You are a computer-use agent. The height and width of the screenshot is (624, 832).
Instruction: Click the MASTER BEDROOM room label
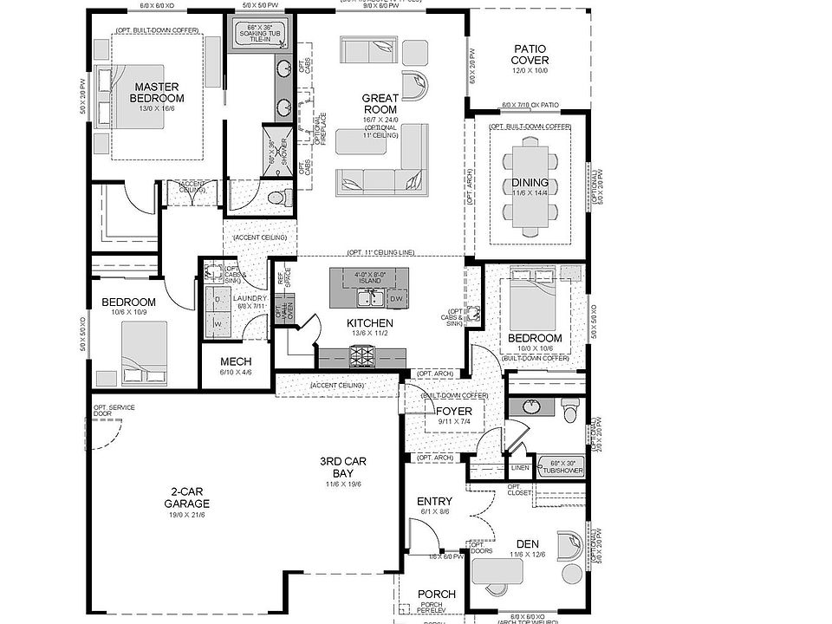[x=157, y=92]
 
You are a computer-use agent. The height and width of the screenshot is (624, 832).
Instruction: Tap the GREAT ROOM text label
[x=380, y=104]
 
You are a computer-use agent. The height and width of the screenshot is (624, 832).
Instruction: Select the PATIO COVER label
[x=530, y=55]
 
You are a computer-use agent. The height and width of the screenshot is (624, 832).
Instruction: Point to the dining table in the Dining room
[x=530, y=183]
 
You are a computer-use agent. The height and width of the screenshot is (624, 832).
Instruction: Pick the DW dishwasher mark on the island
[x=396, y=299]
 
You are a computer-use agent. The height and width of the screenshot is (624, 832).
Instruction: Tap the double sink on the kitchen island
[x=368, y=299]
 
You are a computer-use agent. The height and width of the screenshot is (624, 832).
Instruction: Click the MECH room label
[x=236, y=361]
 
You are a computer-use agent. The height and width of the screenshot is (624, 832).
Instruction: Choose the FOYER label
[x=453, y=412]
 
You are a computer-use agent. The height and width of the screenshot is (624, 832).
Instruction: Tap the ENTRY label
[x=434, y=501]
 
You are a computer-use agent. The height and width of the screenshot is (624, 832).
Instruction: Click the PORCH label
[x=436, y=594]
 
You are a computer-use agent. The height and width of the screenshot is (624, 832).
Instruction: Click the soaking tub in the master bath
[x=259, y=34]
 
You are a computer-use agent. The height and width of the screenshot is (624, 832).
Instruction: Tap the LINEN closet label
[x=520, y=468]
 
